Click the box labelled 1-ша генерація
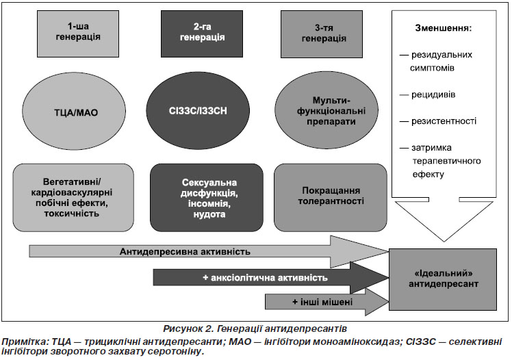[78, 34]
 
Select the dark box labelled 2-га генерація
[202, 34]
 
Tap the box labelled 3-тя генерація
[322, 34]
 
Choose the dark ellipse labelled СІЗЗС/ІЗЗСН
[198, 111]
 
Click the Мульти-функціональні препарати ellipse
[327, 111]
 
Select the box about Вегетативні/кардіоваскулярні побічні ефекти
[73, 198]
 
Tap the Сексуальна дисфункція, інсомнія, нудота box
[207, 198]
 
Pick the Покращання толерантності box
[331, 198]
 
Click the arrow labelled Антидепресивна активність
[209, 252]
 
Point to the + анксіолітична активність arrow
[271, 278]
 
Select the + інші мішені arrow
[327, 302]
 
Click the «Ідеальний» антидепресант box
[443, 279]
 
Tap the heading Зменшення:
[443, 28]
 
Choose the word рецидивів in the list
[433, 94]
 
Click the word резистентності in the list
[444, 121]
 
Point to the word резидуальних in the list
[441, 55]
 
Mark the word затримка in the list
[431, 148]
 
